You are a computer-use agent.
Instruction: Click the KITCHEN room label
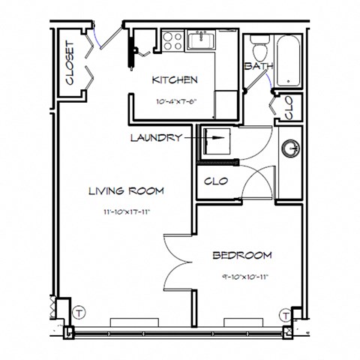175,79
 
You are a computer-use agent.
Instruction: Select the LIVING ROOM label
125,190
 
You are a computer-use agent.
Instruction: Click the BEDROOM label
241,255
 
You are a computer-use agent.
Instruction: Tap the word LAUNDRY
155,138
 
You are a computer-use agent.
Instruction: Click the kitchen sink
202,40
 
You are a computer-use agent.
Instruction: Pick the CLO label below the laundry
216,181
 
